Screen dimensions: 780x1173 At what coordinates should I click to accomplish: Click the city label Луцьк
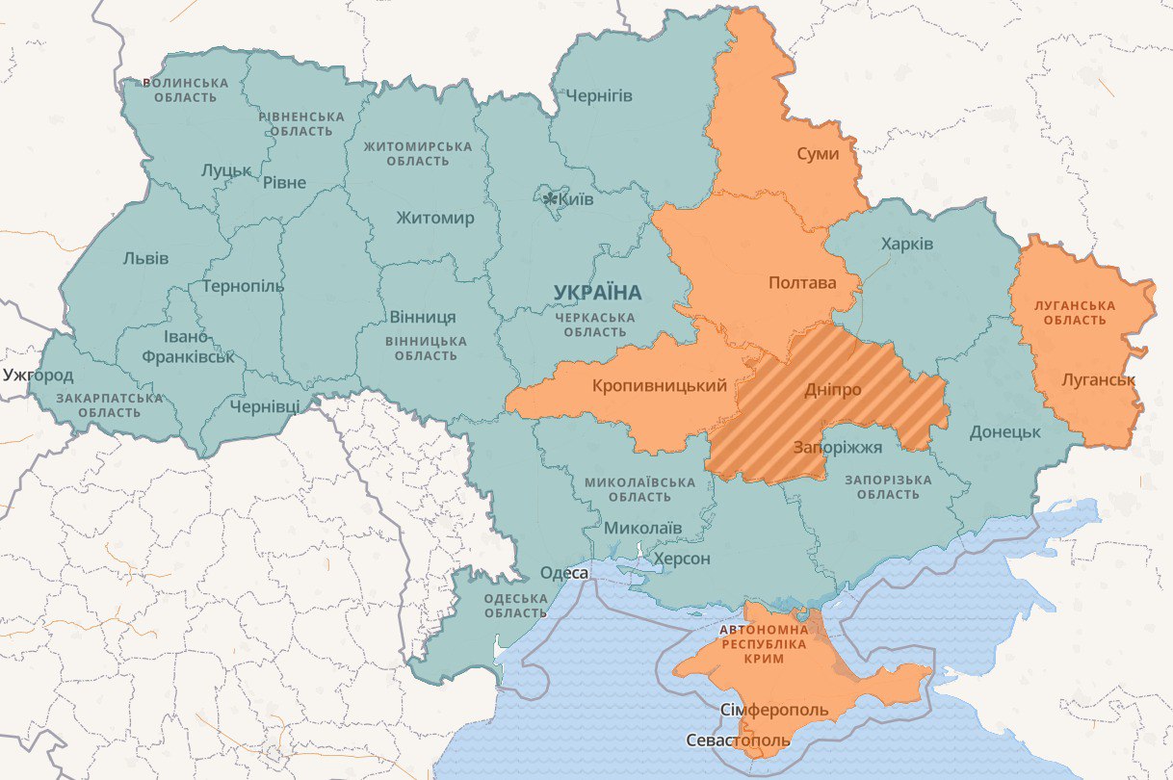tap(226, 170)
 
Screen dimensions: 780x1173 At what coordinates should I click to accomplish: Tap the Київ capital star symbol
tap(550, 199)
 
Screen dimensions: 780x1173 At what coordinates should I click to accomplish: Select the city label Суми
tap(818, 154)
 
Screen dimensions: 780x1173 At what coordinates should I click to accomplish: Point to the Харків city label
tap(906, 244)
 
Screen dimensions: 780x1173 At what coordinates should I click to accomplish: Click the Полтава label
tap(802, 283)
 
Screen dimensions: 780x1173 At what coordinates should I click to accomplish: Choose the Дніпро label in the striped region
tap(832, 390)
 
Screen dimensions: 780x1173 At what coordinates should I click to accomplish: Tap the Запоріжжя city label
tap(837, 448)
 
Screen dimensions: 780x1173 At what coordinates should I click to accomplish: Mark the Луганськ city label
tap(1098, 379)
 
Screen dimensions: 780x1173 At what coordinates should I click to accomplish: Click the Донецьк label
tap(1004, 432)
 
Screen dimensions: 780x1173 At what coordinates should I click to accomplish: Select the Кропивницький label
tap(660, 386)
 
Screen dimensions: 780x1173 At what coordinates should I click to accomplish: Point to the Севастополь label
tap(739, 741)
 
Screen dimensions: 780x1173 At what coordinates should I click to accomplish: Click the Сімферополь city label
tap(774, 710)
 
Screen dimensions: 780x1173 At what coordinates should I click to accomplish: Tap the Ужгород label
tap(39, 375)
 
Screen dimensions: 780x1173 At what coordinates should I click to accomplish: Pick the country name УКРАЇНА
tap(597, 292)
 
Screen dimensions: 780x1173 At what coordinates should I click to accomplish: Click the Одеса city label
tap(563, 574)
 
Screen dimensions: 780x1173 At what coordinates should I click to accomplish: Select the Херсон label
tap(682, 559)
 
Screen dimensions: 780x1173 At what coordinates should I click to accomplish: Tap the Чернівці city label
tap(265, 406)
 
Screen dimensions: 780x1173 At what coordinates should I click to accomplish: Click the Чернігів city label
tap(599, 95)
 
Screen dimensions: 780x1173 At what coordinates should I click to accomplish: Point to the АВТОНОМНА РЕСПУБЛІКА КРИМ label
tap(764, 644)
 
